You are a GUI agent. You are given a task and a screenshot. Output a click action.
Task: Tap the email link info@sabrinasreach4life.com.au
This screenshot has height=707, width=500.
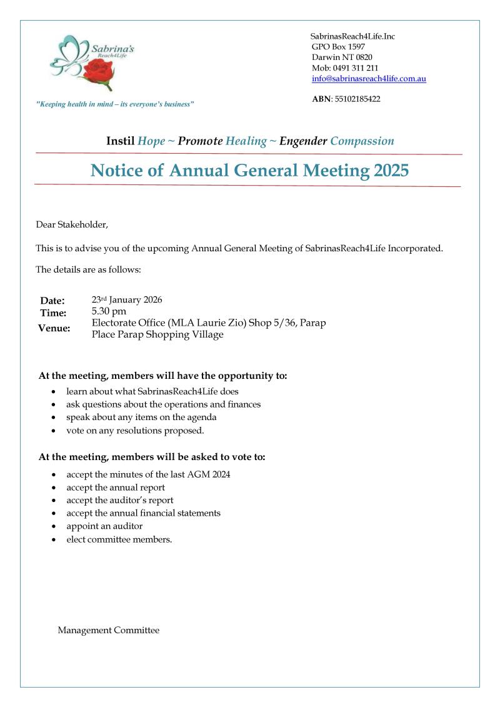click(369, 79)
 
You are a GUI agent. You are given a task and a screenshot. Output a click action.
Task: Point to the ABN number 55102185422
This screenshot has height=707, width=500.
click(358, 99)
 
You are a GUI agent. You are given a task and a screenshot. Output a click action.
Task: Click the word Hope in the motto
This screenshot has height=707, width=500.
click(151, 141)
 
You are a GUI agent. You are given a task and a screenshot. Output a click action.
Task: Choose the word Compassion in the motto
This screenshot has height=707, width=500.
click(362, 141)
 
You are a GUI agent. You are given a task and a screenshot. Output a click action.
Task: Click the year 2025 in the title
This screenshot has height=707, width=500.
click(391, 170)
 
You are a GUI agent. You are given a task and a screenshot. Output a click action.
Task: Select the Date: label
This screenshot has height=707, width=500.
click(52, 301)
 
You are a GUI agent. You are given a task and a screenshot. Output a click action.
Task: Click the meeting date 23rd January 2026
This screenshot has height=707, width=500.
click(127, 299)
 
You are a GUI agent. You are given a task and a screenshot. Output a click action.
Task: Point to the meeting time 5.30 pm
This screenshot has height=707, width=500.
click(109, 311)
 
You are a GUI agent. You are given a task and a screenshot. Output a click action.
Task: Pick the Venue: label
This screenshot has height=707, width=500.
click(54, 328)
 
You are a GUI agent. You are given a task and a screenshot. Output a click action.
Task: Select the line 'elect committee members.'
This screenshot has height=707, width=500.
click(119, 539)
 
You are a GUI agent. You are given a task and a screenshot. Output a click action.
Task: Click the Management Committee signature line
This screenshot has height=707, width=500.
click(108, 630)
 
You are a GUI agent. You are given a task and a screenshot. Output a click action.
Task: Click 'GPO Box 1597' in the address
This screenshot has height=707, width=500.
click(338, 46)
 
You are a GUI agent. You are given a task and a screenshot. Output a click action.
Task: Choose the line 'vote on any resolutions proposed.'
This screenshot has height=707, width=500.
click(135, 431)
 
